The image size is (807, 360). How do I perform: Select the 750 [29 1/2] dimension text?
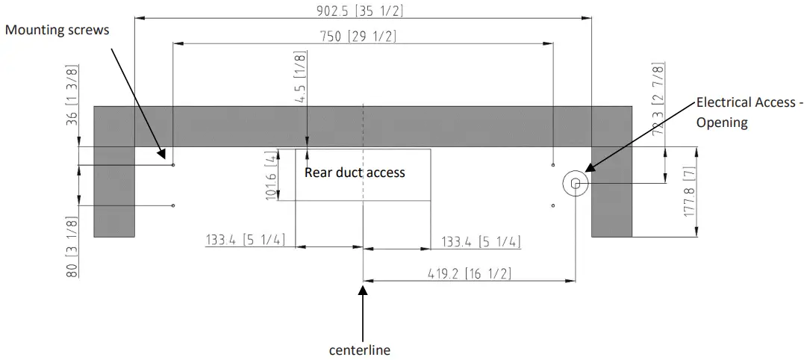click(362, 36)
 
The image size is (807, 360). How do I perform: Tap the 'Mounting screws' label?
click(57, 30)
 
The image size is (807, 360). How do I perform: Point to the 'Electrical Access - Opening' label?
click(746, 112)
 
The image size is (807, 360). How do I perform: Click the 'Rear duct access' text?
click(355, 173)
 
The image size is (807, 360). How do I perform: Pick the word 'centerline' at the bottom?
click(360, 349)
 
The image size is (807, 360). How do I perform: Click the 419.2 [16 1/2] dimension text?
click(469, 273)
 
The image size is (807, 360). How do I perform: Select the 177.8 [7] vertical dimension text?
click(689, 192)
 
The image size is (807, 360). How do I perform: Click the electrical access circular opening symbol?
click(576, 183)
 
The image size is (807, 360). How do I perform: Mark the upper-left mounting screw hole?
click(173, 164)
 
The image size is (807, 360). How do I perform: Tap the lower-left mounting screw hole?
click(173, 205)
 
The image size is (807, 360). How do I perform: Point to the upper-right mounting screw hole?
click(552, 164)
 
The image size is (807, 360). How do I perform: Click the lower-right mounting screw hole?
click(552, 205)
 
